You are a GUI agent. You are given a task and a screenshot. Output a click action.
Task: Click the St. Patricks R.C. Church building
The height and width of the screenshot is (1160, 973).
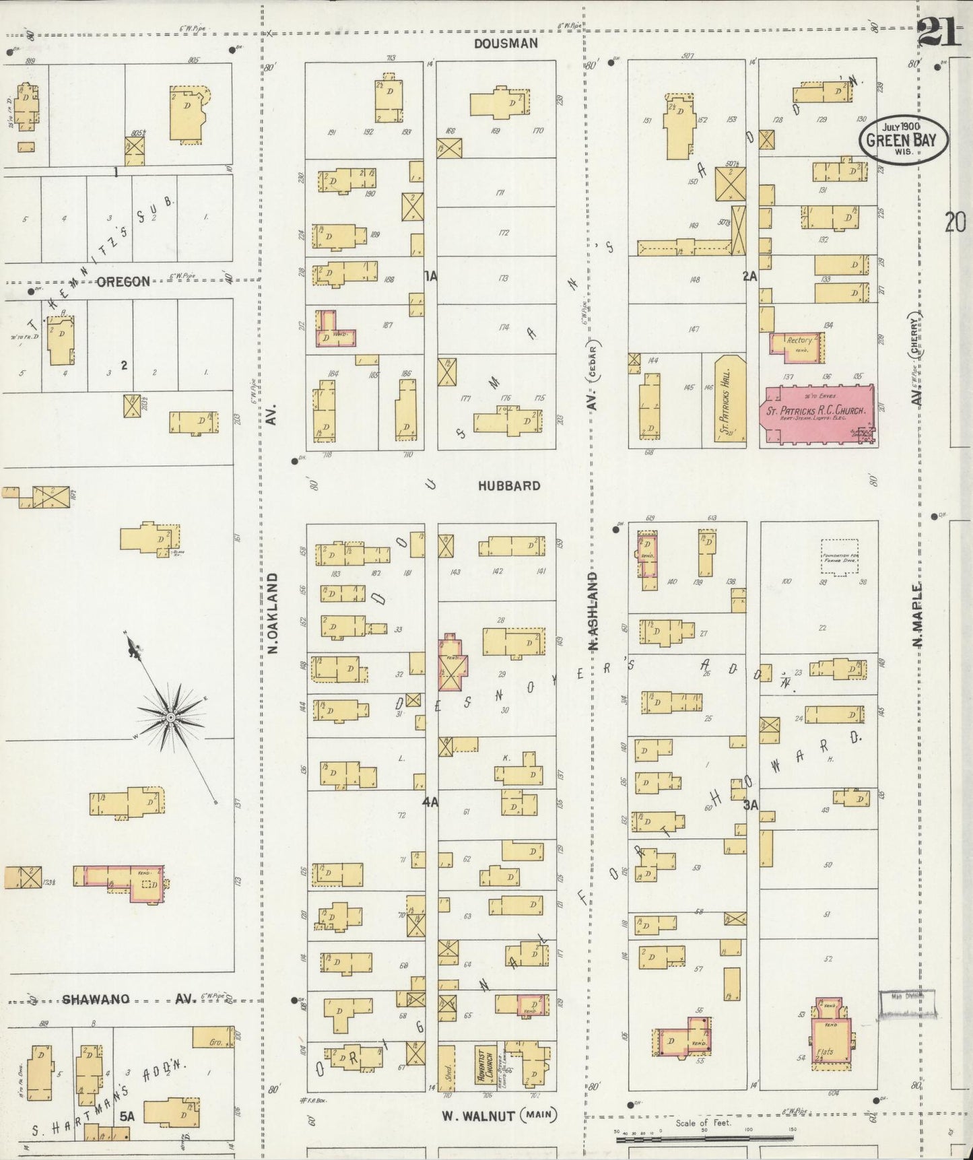[x=817, y=415]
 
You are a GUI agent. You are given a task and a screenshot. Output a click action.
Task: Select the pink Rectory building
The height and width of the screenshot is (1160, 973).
[x=797, y=344]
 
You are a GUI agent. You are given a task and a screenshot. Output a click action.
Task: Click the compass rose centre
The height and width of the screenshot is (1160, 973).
[x=171, y=718]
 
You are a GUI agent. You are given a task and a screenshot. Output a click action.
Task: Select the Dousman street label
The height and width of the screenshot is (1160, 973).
[x=506, y=44]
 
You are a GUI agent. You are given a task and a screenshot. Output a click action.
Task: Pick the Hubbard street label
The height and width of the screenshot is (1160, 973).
[x=509, y=485]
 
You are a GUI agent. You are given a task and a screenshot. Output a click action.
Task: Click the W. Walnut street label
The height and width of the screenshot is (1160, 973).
[x=478, y=1116]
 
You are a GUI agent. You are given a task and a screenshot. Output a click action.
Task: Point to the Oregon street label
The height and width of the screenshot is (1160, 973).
[x=123, y=281]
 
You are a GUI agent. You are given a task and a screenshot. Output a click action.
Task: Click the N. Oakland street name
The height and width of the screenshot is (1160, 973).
[x=272, y=613]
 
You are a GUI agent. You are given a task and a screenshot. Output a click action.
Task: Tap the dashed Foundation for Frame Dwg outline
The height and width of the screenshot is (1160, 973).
[x=839, y=557]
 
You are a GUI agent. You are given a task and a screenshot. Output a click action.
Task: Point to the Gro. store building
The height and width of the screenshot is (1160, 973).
[x=213, y=1037]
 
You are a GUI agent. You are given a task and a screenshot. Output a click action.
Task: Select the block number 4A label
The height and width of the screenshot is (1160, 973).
[x=430, y=802]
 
